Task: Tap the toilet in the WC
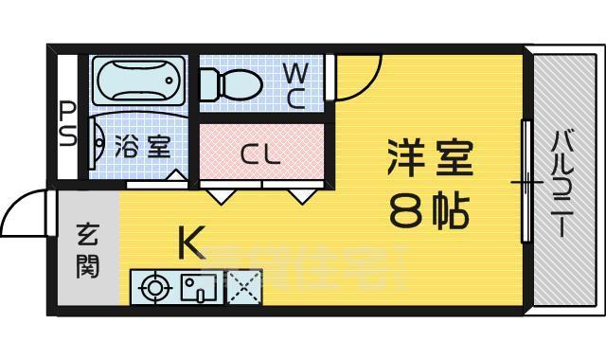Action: tap(231, 83)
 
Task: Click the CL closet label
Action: tap(259, 153)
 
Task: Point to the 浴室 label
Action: tap(142, 148)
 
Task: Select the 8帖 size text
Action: tap(429, 210)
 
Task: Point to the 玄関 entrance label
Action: tap(88, 249)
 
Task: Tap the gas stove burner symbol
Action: tap(152, 288)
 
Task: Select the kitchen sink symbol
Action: tap(199, 288)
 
